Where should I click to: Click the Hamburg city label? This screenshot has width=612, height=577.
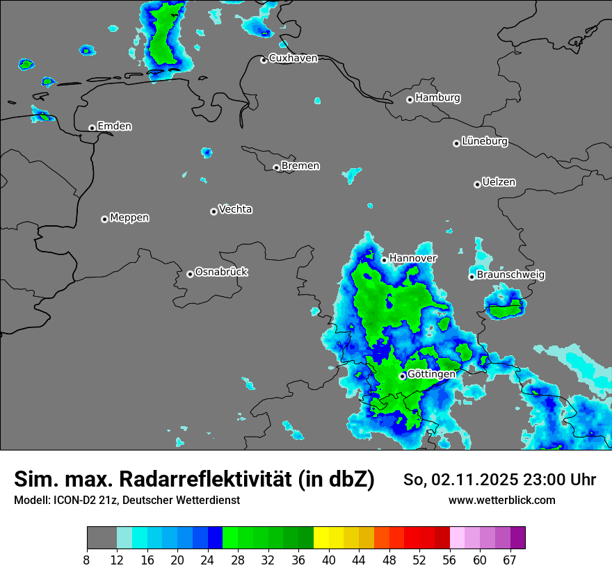pyautogui.click(x=437, y=98)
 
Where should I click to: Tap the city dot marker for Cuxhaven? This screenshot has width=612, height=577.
pyautogui.click(x=264, y=60)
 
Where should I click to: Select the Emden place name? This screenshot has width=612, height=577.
pyautogui.click(x=114, y=127)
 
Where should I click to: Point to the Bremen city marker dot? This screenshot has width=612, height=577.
pyautogui.click(x=276, y=168)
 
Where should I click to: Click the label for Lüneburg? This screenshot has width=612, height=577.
pyautogui.click(x=484, y=142)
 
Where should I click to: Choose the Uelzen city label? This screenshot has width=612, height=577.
pyautogui.click(x=499, y=183)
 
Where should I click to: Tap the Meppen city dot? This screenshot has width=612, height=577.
pyautogui.click(x=104, y=219)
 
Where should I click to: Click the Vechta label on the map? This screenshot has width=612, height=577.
pyautogui.click(x=235, y=209)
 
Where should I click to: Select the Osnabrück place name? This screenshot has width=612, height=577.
pyautogui.click(x=221, y=273)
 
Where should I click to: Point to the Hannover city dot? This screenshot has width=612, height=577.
pyautogui.click(x=384, y=260)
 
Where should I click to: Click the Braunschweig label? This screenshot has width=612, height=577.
pyautogui.click(x=510, y=275)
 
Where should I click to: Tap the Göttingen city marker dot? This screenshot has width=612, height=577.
pyautogui.click(x=402, y=376)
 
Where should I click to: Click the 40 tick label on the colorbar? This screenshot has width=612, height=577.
pyautogui.click(x=329, y=560)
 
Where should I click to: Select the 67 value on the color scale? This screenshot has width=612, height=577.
pyautogui.click(x=510, y=560)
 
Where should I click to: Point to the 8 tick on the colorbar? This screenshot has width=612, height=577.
pyautogui.click(x=87, y=560)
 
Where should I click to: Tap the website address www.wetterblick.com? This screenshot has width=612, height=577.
pyautogui.click(x=501, y=501)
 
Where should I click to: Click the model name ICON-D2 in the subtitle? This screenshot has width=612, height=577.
pyautogui.click(x=74, y=501)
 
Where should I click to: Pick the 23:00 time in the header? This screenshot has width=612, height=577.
pyautogui.click(x=548, y=480)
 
